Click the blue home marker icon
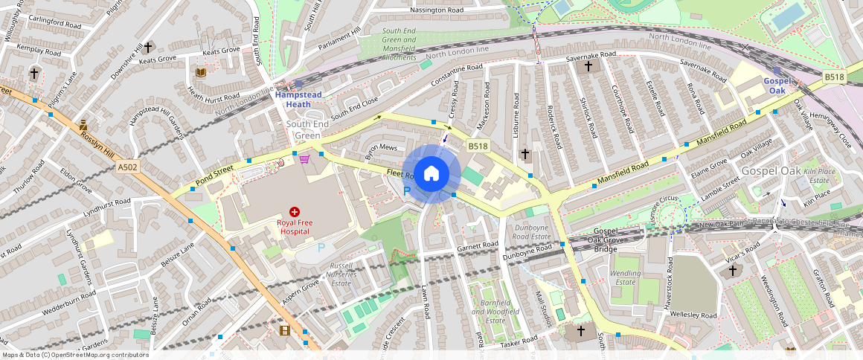pos(431,174)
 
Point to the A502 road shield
pos(128,167)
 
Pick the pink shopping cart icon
pos(304,158)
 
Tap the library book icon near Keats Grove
pos(199,72)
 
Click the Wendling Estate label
pos(625,277)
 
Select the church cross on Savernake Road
pos(588,66)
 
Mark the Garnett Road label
pos(477,245)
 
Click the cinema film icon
pos(283,330)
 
